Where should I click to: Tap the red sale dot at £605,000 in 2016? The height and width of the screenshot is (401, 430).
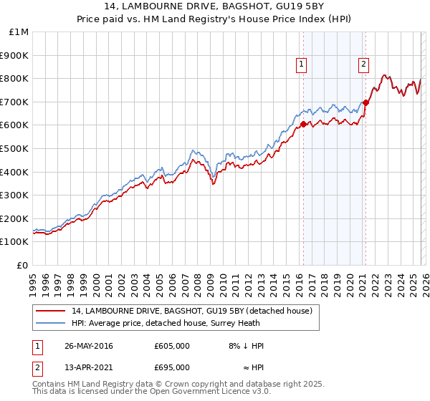[303, 124]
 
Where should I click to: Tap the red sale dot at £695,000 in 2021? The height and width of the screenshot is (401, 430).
[365, 102]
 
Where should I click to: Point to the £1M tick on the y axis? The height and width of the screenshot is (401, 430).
[19, 32]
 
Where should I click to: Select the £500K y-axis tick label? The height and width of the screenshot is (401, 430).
[16, 148]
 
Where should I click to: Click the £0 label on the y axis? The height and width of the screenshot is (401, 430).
[23, 265]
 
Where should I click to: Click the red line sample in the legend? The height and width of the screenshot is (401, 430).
[51, 311]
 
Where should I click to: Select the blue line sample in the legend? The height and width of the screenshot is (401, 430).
[51, 324]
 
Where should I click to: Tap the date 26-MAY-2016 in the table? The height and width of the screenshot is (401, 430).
[89, 346]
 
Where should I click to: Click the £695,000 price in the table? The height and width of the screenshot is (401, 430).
[171, 367]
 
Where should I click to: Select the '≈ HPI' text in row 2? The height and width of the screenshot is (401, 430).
[251, 367]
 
